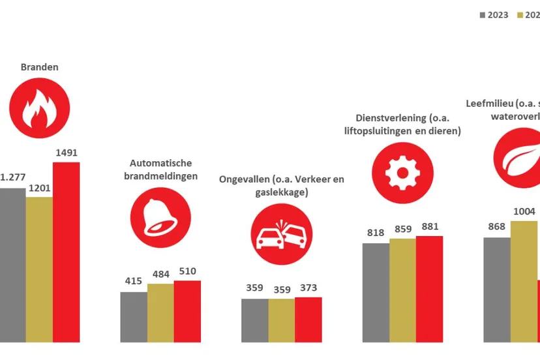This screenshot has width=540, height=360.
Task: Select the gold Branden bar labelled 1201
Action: (x=39, y=269)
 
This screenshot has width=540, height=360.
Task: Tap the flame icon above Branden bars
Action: (x=39, y=108)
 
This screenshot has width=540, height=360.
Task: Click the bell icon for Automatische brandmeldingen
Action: (x=160, y=217)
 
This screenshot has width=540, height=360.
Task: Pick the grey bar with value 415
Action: (x=134, y=317)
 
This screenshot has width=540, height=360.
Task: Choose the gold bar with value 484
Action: (x=160, y=313)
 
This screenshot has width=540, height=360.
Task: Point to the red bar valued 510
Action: (x=187, y=311)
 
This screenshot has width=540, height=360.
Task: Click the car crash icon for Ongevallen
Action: (x=282, y=234)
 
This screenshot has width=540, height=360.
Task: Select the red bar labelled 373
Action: (x=308, y=320)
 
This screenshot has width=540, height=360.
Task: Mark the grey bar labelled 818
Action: (x=376, y=292)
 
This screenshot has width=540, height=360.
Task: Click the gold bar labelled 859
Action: (x=402, y=290)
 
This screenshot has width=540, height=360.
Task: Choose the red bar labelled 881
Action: (x=429, y=289)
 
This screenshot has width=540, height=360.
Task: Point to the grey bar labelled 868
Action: (x=497, y=290)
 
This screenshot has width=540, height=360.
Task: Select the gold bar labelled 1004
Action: (x=524, y=281)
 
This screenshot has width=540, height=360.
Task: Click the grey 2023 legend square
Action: (x=483, y=15)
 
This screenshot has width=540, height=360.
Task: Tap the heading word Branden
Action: (x=39, y=67)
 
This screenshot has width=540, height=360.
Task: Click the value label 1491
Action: (x=66, y=153)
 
